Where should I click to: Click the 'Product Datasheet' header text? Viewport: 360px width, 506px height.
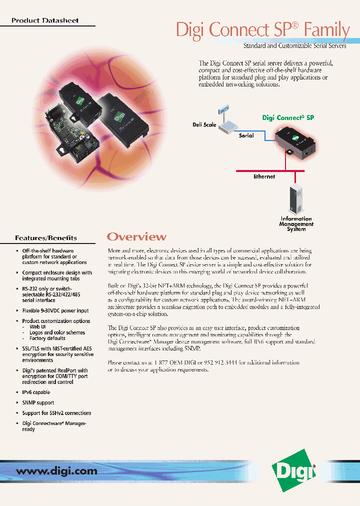pyautogui.click(x=45, y=21)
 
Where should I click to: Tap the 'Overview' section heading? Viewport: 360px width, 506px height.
pyautogui.click(x=136, y=237)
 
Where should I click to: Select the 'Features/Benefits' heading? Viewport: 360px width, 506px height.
pyautogui.click(x=46, y=238)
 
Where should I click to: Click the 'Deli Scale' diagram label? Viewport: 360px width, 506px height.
pyautogui.click(x=204, y=125)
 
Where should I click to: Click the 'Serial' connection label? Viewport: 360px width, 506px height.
pyautogui.click(x=246, y=135)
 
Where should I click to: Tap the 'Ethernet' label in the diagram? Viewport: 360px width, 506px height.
pyautogui.click(x=264, y=176)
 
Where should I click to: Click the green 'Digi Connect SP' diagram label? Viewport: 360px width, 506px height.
pyautogui.click(x=288, y=118)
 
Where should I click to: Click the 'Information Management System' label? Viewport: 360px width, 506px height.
pyautogui.click(x=296, y=224)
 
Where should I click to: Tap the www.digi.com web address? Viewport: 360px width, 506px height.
pyautogui.click(x=56, y=471)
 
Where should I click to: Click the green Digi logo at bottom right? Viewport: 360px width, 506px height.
pyautogui.click(x=293, y=469)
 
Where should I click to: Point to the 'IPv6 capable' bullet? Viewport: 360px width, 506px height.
pyautogui.click(x=36, y=392)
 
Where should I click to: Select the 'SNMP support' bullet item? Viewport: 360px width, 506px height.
pyautogui.click(x=38, y=402)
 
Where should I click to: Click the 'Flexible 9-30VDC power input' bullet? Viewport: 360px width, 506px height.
pyautogui.click(x=55, y=310)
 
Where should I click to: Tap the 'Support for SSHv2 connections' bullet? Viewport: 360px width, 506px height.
pyautogui.click(x=56, y=413)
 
